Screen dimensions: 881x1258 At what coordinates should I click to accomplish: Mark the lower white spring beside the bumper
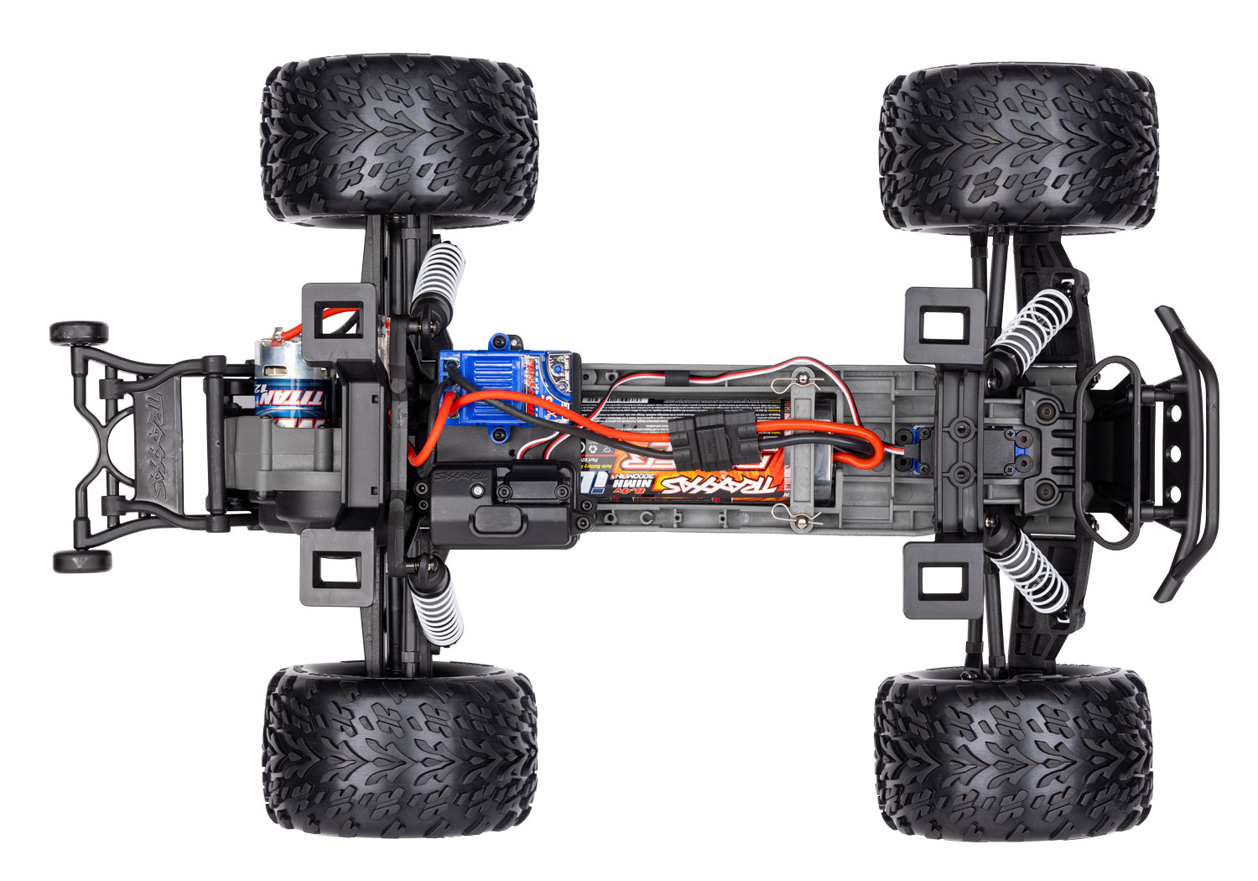[x=1032, y=571]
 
